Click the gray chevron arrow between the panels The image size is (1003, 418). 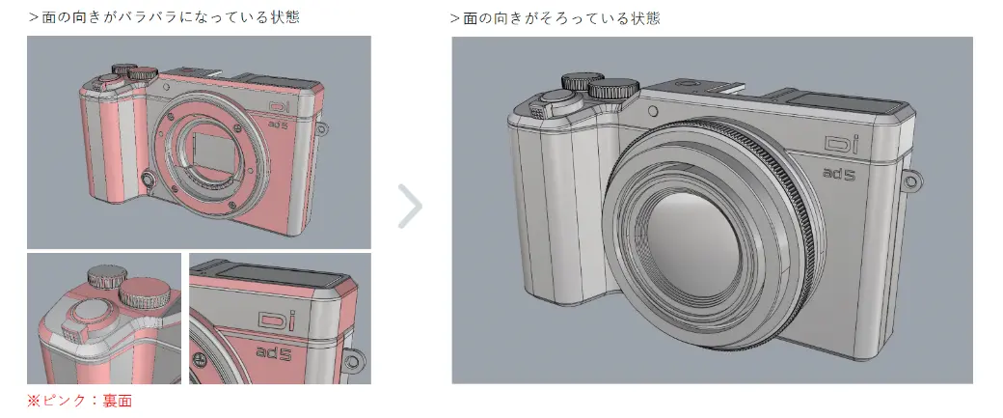[410, 207]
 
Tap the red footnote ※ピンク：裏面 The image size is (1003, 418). [79, 402]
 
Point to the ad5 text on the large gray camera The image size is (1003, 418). [840, 173]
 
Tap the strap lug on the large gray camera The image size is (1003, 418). [914, 181]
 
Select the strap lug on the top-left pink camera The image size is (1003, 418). [322, 129]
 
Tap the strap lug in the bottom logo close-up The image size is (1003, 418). [352, 361]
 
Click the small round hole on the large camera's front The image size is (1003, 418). [653, 111]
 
